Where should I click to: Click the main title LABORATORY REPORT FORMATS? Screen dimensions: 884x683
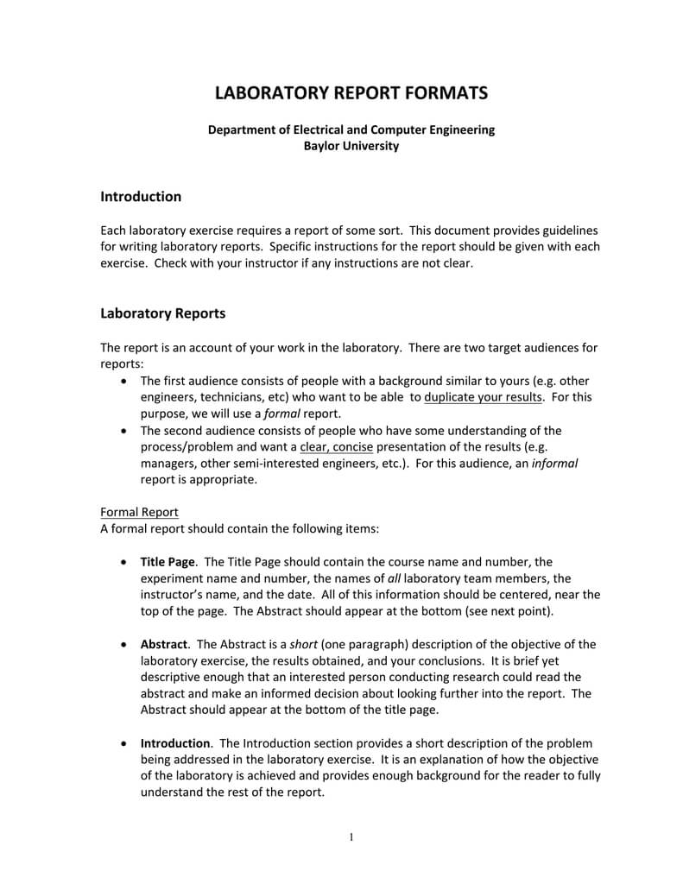pyautogui.click(x=351, y=92)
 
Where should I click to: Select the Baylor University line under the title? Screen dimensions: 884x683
pyautogui.click(x=351, y=146)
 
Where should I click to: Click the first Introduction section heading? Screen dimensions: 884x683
pyautogui.click(x=141, y=197)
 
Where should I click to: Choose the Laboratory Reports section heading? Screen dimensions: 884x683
pyautogui.click(x=162, y=313)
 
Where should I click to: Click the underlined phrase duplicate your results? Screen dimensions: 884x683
pyautogui.click(x=484, y=397)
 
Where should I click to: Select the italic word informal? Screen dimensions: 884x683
pyautogui.click(x=554, y=463)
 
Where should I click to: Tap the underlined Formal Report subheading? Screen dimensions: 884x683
pyautogui.click(x=139, y=512)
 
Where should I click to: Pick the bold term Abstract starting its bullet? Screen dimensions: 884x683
pyautogui.click(x=163, y=644)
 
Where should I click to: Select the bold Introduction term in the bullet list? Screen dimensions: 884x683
pyautogui.click(x=175, y=743)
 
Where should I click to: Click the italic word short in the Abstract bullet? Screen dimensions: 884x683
pyautogui.click(x=303, y=644)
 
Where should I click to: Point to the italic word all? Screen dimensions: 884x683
pyautogui.click(x=394, y=578)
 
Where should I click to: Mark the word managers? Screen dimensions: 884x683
pyautogui.click(x=168, y=463)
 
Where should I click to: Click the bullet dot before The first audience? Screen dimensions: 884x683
pyautogui.click(x=128, y=381)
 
